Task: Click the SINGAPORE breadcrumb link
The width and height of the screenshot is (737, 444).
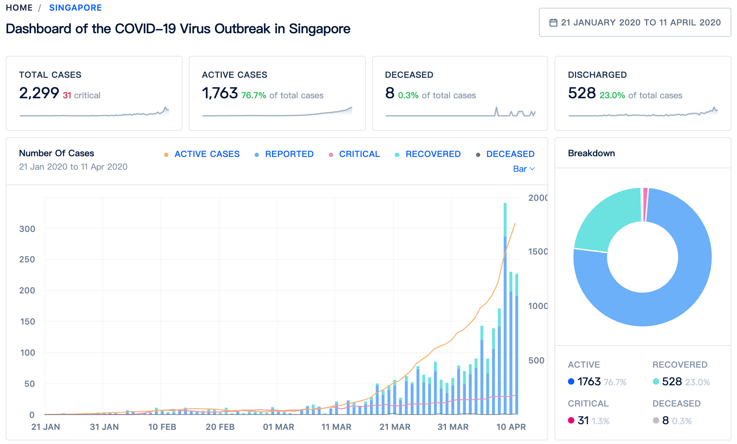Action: tap(75, 8)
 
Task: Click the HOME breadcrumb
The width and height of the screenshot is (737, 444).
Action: tap(19, 8)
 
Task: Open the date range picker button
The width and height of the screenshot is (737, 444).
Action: tap(635, 22)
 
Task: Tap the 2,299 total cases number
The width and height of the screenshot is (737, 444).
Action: tap(39, 93)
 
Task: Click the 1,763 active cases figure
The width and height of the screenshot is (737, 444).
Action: tap(220, 93)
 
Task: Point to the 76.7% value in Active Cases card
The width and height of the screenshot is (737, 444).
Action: tap(254, 95)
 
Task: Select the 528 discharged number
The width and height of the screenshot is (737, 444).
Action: tap(582, 93)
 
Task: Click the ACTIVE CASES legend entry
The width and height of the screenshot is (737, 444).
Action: tap(207, 154)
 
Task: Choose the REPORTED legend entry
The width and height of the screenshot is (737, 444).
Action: tap(289, 154)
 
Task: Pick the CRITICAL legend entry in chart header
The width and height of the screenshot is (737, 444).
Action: tap(359, 154)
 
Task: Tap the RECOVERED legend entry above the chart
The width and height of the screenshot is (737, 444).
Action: tap(433, 154)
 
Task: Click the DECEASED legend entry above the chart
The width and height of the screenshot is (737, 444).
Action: tap(510, 154)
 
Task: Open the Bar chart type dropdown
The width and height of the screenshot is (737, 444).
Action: tap(524, 169)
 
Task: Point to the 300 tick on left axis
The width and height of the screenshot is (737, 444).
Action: tap(27, 229)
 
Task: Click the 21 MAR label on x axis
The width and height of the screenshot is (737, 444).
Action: tap(395, 427)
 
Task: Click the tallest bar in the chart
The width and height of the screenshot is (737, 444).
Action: tap(505, 318)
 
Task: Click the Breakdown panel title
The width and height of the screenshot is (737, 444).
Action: tap(591, 153)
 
